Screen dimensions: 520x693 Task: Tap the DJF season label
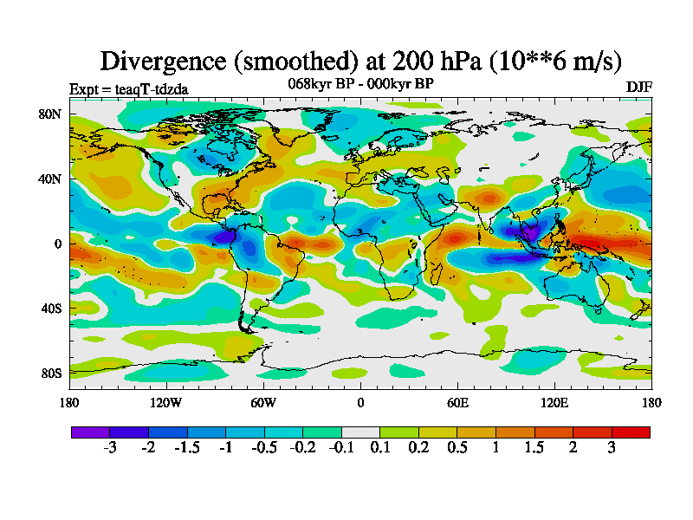[x=638, y=88]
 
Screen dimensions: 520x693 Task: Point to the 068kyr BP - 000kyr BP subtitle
[x=360, y=83]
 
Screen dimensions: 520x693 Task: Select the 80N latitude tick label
[x=50, y=114]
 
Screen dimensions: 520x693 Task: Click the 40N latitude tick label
[x=50, y=179]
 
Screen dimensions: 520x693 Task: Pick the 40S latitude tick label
[x=50, y=309]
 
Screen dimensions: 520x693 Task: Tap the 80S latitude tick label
[x=50, y=374]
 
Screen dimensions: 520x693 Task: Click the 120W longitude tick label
[x=166, y=402]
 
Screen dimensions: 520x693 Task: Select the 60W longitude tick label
[x=263, y=402]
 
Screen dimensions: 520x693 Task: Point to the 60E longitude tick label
[x=457, y=402]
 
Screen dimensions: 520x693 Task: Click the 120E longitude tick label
[x=554, y=402]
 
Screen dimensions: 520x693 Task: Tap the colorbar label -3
[x=109, y=448]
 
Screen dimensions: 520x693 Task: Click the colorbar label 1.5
[x=534, y=448]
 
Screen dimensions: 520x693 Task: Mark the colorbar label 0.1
[x=379, y=448]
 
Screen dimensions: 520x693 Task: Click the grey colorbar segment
[x=360, y=432]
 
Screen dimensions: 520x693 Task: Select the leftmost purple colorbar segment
[x=90, y=432]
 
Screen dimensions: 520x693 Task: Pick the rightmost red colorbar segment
[x=631, y=432]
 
